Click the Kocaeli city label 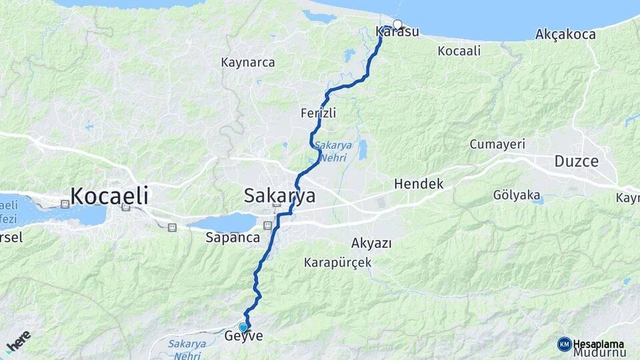click(x=109, y=196)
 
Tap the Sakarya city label click(x=279, y=196)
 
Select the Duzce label click(x=576, y=161)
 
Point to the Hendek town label click(x=419, y=183)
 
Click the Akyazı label click(x=371, y=243)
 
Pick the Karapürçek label click(x=337, y=263)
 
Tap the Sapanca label click(x=232, y=237)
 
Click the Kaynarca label click(x=248, y=63)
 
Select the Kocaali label click(x=459, y=51)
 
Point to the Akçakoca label click(x=565, y=34)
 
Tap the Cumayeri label click(x=497, y=144)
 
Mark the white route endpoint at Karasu click(x=397, y=25)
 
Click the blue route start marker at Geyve click(x=243, y=327)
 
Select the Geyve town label click(x=244, y=337)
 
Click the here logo click(x=18, y=341)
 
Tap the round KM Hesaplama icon click(x=564, y=344)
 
